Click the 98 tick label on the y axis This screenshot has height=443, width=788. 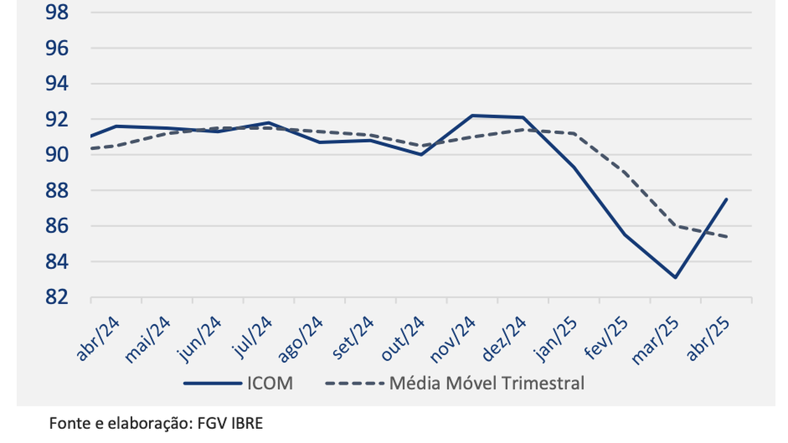(x=57, y=12)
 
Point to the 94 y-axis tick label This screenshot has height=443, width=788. (x=57, y=84)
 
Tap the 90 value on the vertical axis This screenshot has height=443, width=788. (x=57, y=155)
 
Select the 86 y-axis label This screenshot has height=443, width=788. (x=57, y=226)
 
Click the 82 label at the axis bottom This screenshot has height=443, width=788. (x=57, y=297)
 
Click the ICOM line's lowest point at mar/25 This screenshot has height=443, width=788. (x=675, y=277)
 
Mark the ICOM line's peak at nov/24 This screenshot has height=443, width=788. (x=472, y=115)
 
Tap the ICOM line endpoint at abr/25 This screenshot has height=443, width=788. (x=726, y=199)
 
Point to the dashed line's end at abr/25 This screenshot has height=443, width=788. (x=726, y=237)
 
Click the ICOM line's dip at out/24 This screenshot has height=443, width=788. (x=421, y=154)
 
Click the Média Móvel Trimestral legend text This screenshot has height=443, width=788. (x=486, y=383)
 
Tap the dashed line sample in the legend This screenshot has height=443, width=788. (x=353, y=383)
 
